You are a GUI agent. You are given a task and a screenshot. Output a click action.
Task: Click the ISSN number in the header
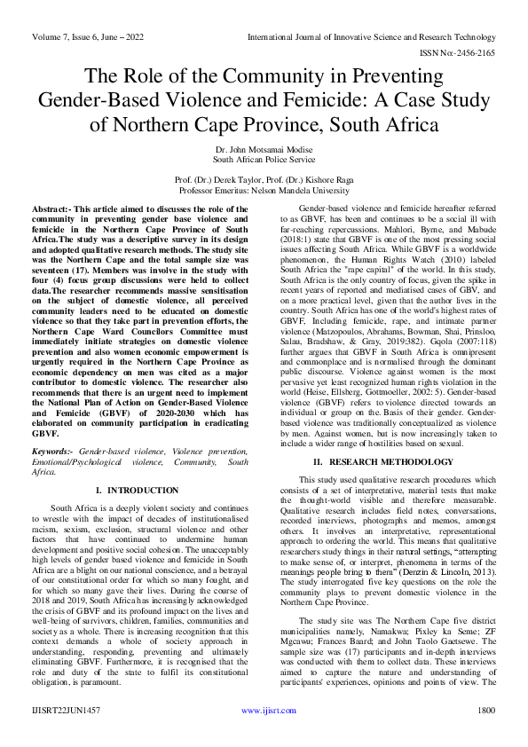point(459,51)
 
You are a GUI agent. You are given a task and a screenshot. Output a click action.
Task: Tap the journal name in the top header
point(370,36)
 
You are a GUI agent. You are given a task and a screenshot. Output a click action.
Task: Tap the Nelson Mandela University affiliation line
point(263,190)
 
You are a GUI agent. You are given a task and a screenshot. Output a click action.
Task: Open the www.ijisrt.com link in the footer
point(263,735)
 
